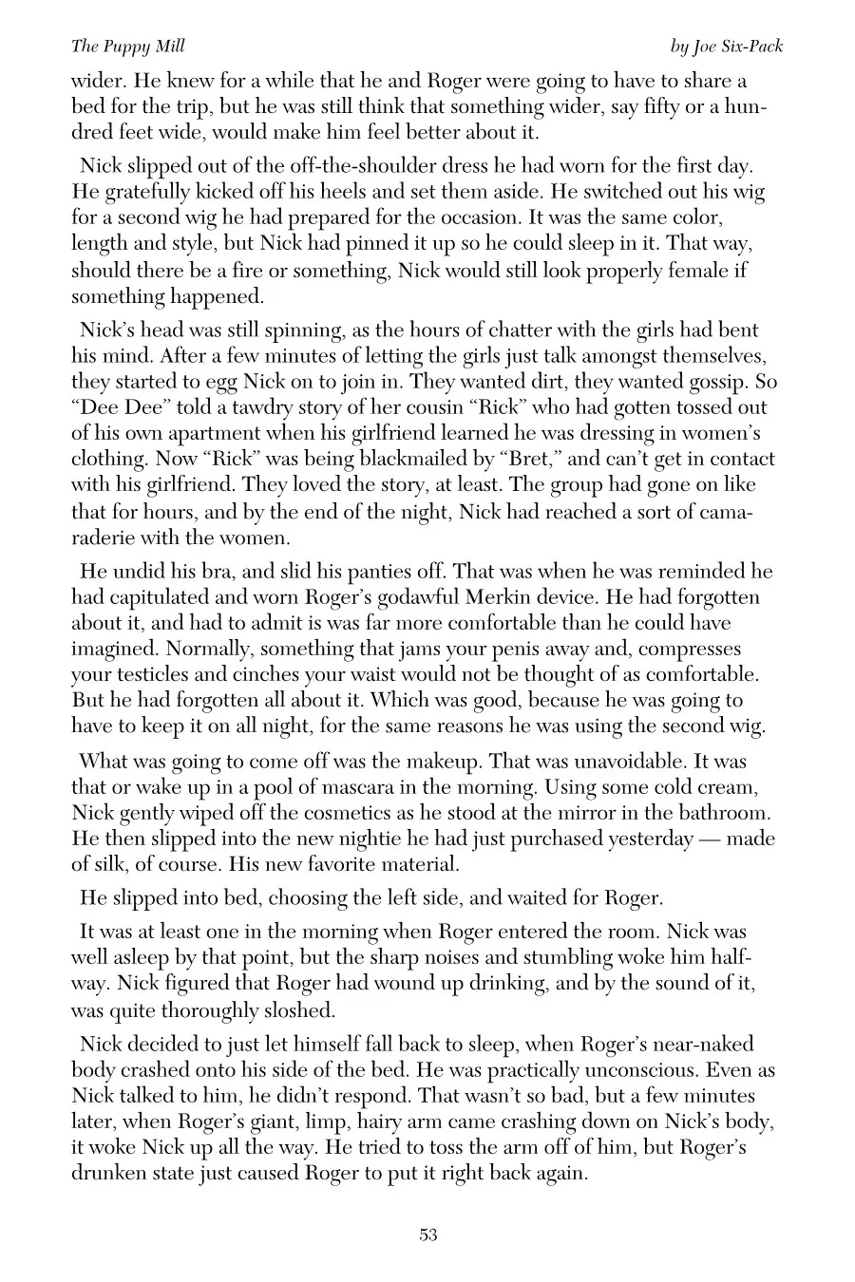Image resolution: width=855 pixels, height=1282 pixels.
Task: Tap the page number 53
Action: (427, 1235)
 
